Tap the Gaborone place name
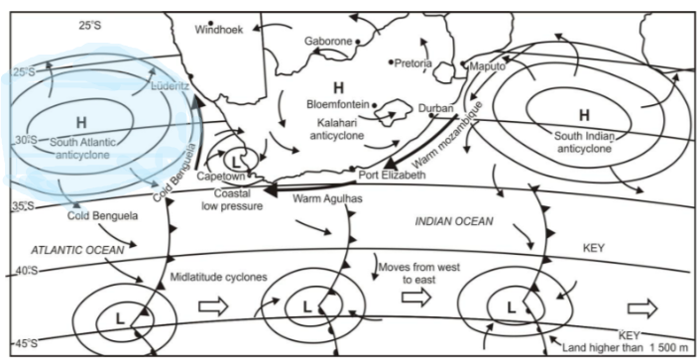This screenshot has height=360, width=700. pos(328,42)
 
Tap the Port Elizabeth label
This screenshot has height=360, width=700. pos(391,175)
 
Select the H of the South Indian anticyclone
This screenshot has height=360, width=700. pos(584,115)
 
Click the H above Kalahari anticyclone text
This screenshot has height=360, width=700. pos(338,84)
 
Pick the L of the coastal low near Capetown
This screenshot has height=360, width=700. pos(235,159)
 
